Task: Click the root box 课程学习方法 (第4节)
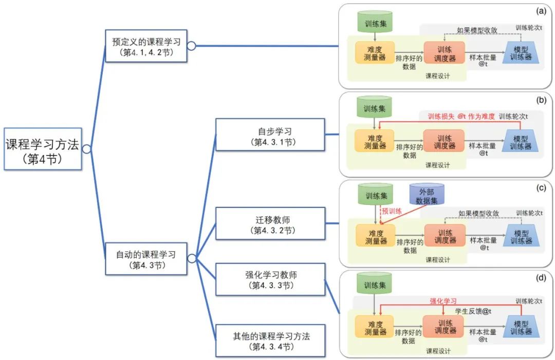pos(43,149)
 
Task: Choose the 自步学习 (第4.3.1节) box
pos(270,135)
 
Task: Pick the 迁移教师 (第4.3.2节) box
pos(270,223)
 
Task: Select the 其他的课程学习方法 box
pos(270,341)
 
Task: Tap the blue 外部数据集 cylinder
pos(427,196)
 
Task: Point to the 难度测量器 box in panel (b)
pos(375,141)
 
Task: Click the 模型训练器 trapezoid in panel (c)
pos(521,237)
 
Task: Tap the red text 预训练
pos(391,211)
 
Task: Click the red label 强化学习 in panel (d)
pos(443,301)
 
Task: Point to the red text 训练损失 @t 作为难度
pos(461,117)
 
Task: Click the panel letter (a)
pos(541,11)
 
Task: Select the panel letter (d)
pos(541,278)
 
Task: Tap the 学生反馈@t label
pos(473,311)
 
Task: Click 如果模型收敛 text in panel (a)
pos(477,30)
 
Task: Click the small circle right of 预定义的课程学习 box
pos(191,46)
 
